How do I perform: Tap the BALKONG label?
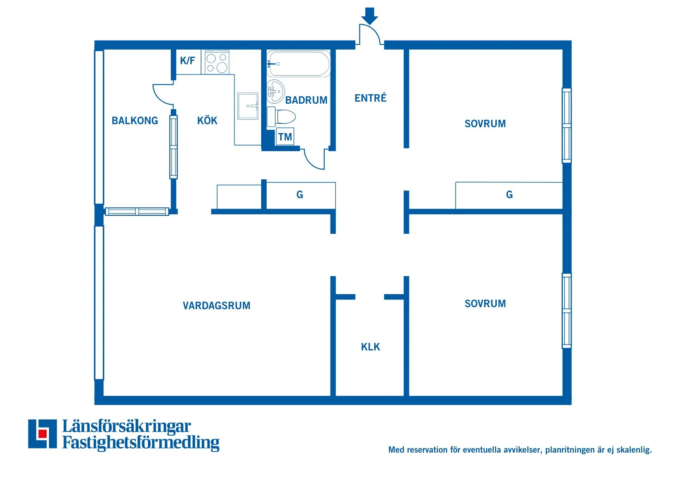135,121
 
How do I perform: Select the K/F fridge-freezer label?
187,61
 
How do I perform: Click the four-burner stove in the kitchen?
217,62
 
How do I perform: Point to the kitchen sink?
248,106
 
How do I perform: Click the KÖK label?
207,121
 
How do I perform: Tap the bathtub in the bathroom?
299,64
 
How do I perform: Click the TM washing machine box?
285,137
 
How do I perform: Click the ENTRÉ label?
370,98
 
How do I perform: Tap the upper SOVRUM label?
485,123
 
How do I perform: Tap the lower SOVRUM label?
485,304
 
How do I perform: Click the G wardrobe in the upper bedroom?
509,195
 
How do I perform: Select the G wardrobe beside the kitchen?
300,195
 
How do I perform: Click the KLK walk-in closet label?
370,347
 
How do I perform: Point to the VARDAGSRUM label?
216,306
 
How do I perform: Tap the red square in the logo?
42,434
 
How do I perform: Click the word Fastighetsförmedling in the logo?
141,443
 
